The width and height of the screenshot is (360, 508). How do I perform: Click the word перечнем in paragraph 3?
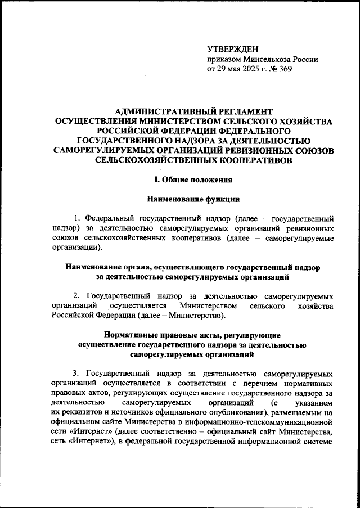pyautogui.click(x=262, y=384)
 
